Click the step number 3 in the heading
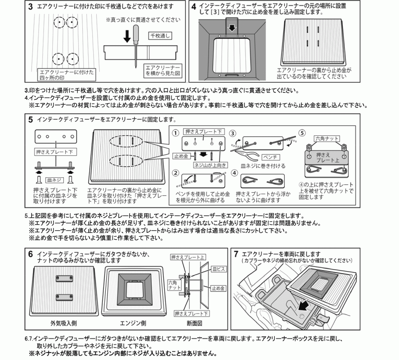[x=31, y=7]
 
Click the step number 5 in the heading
[x=31, y=120]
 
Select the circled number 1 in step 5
[x=176, y=133]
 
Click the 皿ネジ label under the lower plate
[x=53, y=178]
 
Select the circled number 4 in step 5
[x=235, y=173]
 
